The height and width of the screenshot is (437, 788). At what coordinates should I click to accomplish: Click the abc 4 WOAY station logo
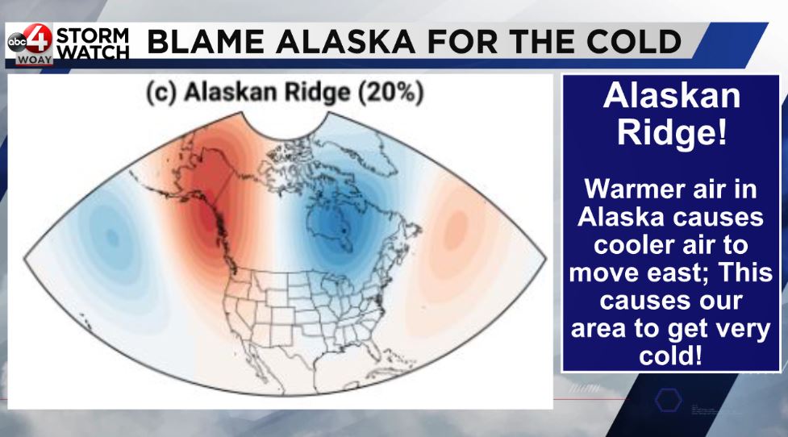pos(29,44)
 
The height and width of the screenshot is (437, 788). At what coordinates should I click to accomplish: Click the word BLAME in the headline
pos(206,42)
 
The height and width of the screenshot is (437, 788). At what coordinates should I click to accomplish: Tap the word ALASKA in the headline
pos(345,42)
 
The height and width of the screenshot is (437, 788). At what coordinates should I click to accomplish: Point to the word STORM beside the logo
pos(93,35)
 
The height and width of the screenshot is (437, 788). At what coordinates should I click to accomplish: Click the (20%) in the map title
pos(391,93)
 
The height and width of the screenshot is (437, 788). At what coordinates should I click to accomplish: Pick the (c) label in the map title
pos(161,93)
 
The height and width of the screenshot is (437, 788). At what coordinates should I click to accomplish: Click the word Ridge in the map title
pos(317,93)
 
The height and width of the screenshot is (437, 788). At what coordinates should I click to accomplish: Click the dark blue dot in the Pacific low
pos(113,237)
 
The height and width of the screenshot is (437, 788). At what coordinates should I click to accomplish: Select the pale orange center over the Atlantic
pos(456,230)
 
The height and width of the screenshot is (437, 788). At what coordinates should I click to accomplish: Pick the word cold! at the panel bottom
pos(670,356)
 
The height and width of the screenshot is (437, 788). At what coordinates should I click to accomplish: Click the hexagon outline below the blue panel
pos(669,401)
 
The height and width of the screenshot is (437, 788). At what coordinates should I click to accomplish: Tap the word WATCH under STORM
pos(93,52)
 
